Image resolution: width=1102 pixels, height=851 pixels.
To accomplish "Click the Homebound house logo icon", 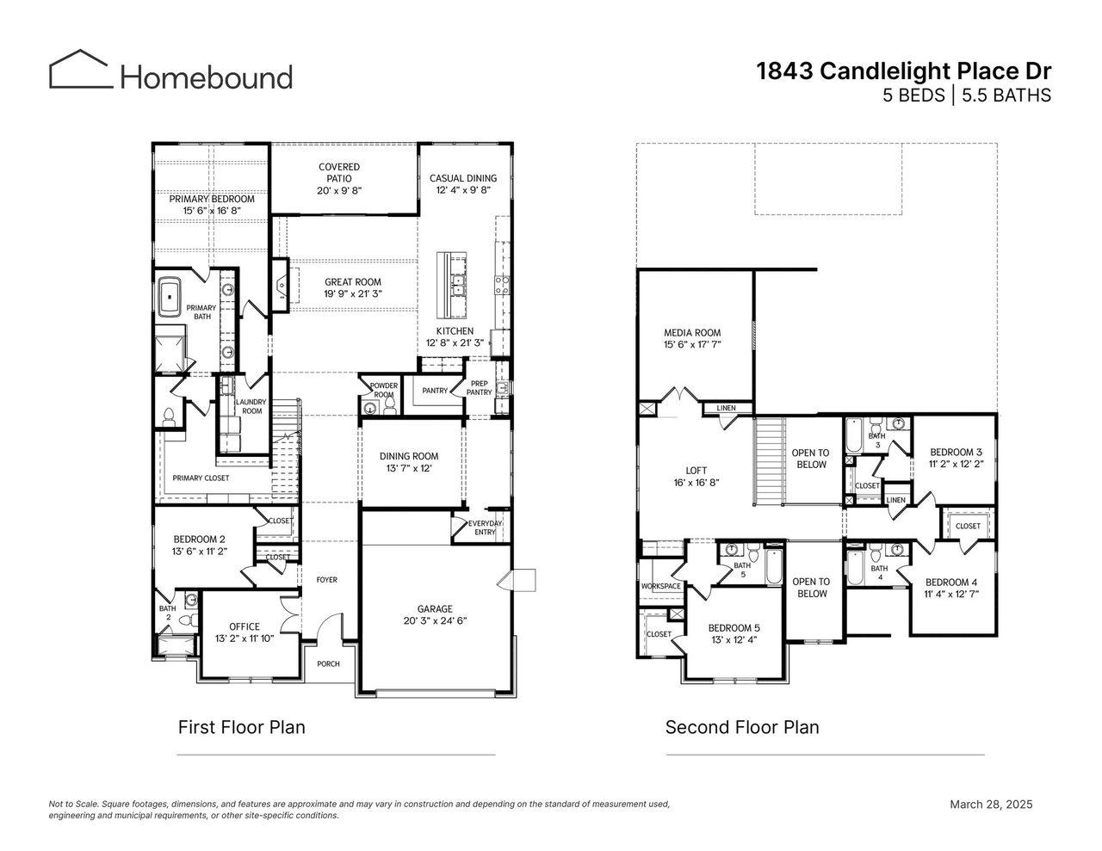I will pos(81,70).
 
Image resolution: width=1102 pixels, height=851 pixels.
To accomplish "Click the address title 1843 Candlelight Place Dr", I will pos(903,71).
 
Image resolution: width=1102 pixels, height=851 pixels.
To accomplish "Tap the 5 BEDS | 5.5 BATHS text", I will pos(966,96).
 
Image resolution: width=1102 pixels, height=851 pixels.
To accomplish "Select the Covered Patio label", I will pos(339,173).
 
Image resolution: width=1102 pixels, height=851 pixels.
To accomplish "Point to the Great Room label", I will pos(352,282).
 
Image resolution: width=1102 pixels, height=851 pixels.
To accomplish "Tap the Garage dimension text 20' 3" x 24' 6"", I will pos(435,620).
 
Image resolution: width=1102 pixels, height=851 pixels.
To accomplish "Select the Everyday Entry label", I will pos(485,527).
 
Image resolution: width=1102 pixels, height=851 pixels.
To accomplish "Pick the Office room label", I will pos(245,626).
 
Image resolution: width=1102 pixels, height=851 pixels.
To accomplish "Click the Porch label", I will pos(328,663).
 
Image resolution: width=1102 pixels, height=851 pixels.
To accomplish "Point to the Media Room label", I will pos(692,333).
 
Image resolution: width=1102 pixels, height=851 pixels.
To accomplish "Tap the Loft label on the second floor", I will pos(696,471).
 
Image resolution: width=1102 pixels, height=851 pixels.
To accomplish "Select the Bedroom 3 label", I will pos(956,452).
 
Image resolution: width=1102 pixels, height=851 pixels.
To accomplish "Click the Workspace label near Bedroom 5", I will pos(661,586).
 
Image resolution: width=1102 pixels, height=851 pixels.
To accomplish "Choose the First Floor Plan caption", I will pos(241,727).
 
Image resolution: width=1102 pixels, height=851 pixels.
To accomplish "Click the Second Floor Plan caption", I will pos(742,727).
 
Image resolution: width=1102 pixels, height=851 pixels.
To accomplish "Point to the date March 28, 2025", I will pos(990,805).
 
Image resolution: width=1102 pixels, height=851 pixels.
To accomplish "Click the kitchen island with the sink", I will pos(450,283).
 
